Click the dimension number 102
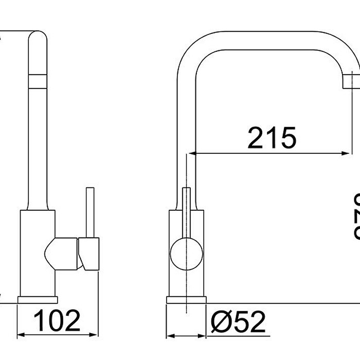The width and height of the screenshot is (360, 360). (57, 321)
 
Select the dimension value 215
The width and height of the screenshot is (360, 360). (272, 137)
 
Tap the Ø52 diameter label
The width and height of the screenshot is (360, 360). (238, 322)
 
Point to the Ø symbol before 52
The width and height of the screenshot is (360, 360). (220, 322)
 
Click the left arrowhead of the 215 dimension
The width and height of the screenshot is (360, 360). (194, 153)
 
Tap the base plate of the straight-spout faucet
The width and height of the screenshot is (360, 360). (39, 299)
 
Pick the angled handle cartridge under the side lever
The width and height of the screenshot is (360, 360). (88, 254)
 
